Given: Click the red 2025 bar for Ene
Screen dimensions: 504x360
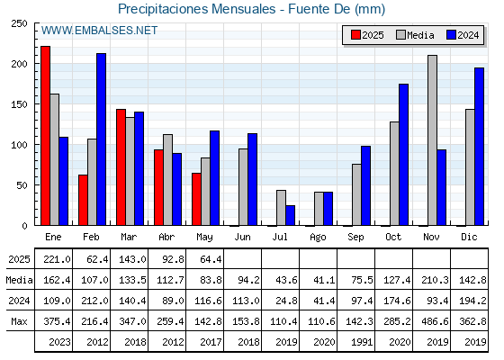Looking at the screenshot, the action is pyautogui.click(x=45, y=136).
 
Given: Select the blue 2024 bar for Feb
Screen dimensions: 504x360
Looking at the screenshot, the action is pyautogui.click(x=101, y=139).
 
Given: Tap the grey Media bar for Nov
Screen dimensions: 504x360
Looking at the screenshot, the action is pyautogui.click(x=432, y=140).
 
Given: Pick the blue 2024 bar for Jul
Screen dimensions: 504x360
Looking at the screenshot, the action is pyautogui.click(x=290, y=215).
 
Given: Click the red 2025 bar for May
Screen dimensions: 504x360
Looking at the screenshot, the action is pyautogui.click(x=196, y=199).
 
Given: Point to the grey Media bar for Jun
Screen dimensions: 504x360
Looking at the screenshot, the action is pyautogui.click(x=243, y=187).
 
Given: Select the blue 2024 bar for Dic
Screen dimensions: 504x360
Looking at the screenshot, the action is pyautogui.click(x=479, y=147).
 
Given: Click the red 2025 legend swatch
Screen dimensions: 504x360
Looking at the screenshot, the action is pyautogui.click(x=355, y=35).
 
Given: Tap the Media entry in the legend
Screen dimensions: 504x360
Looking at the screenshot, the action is pyautogui.click(x=415, y=35).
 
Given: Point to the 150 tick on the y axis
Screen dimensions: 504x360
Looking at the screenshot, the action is pyautogui.click(x=19, y=104).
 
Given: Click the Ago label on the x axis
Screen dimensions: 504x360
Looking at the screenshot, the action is pyautogui.click(x=318, y=238).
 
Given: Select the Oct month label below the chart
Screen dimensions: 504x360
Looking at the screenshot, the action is pyautogui.click(x=393, y=237).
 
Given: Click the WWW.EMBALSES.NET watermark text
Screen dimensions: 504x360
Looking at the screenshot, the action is pyautogui.click(x=99, y=31).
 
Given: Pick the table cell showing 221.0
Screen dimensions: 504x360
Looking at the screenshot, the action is pyautogui.click(x=57, y=259).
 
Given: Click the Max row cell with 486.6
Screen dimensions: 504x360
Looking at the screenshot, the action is pyautogui.click(x=435, y=321).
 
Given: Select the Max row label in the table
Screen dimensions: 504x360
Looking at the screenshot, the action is pyautogui.click(x=19, y=321).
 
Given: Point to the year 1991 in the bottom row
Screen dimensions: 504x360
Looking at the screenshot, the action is pyautogui.click(x=362, y=342).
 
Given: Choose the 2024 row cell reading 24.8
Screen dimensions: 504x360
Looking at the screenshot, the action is pyautogui.click(x=286, y=301).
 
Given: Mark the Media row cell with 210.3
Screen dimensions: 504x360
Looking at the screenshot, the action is pyautogui.click(x=435, y=280).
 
